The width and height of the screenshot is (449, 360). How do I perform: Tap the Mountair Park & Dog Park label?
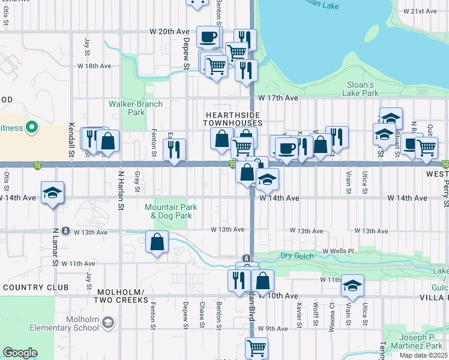click(171, 211)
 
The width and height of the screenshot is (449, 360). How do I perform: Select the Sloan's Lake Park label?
click(360, 89)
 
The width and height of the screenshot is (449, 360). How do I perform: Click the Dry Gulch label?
click(298, 256)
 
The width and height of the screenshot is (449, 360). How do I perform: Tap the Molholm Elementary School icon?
click(107, 323)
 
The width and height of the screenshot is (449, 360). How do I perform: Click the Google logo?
click(20, 353)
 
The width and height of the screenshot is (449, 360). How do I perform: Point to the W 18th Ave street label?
click(94, 66)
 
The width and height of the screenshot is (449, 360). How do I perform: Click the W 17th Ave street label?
click(278, 98)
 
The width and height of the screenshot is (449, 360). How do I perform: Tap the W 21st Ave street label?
click(420, 11)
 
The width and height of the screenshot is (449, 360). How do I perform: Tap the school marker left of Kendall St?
click(53, 193)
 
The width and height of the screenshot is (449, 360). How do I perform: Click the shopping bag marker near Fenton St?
click(157, 242)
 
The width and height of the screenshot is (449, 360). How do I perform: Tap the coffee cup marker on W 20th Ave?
click(208, 37)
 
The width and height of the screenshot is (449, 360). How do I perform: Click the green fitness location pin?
click(33, 127)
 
